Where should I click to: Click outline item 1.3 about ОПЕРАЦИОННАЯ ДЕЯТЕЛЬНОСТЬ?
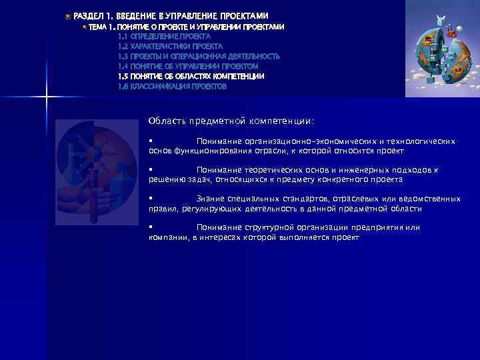coord(199,57)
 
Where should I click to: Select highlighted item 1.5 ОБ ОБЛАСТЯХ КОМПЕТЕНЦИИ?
coord(191,77)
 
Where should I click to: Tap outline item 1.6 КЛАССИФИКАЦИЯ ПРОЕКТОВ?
coord(172,87)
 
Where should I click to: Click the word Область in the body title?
coord(167,121)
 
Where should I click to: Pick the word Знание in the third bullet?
coord(211,199)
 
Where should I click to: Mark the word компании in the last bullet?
coord(168,237)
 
